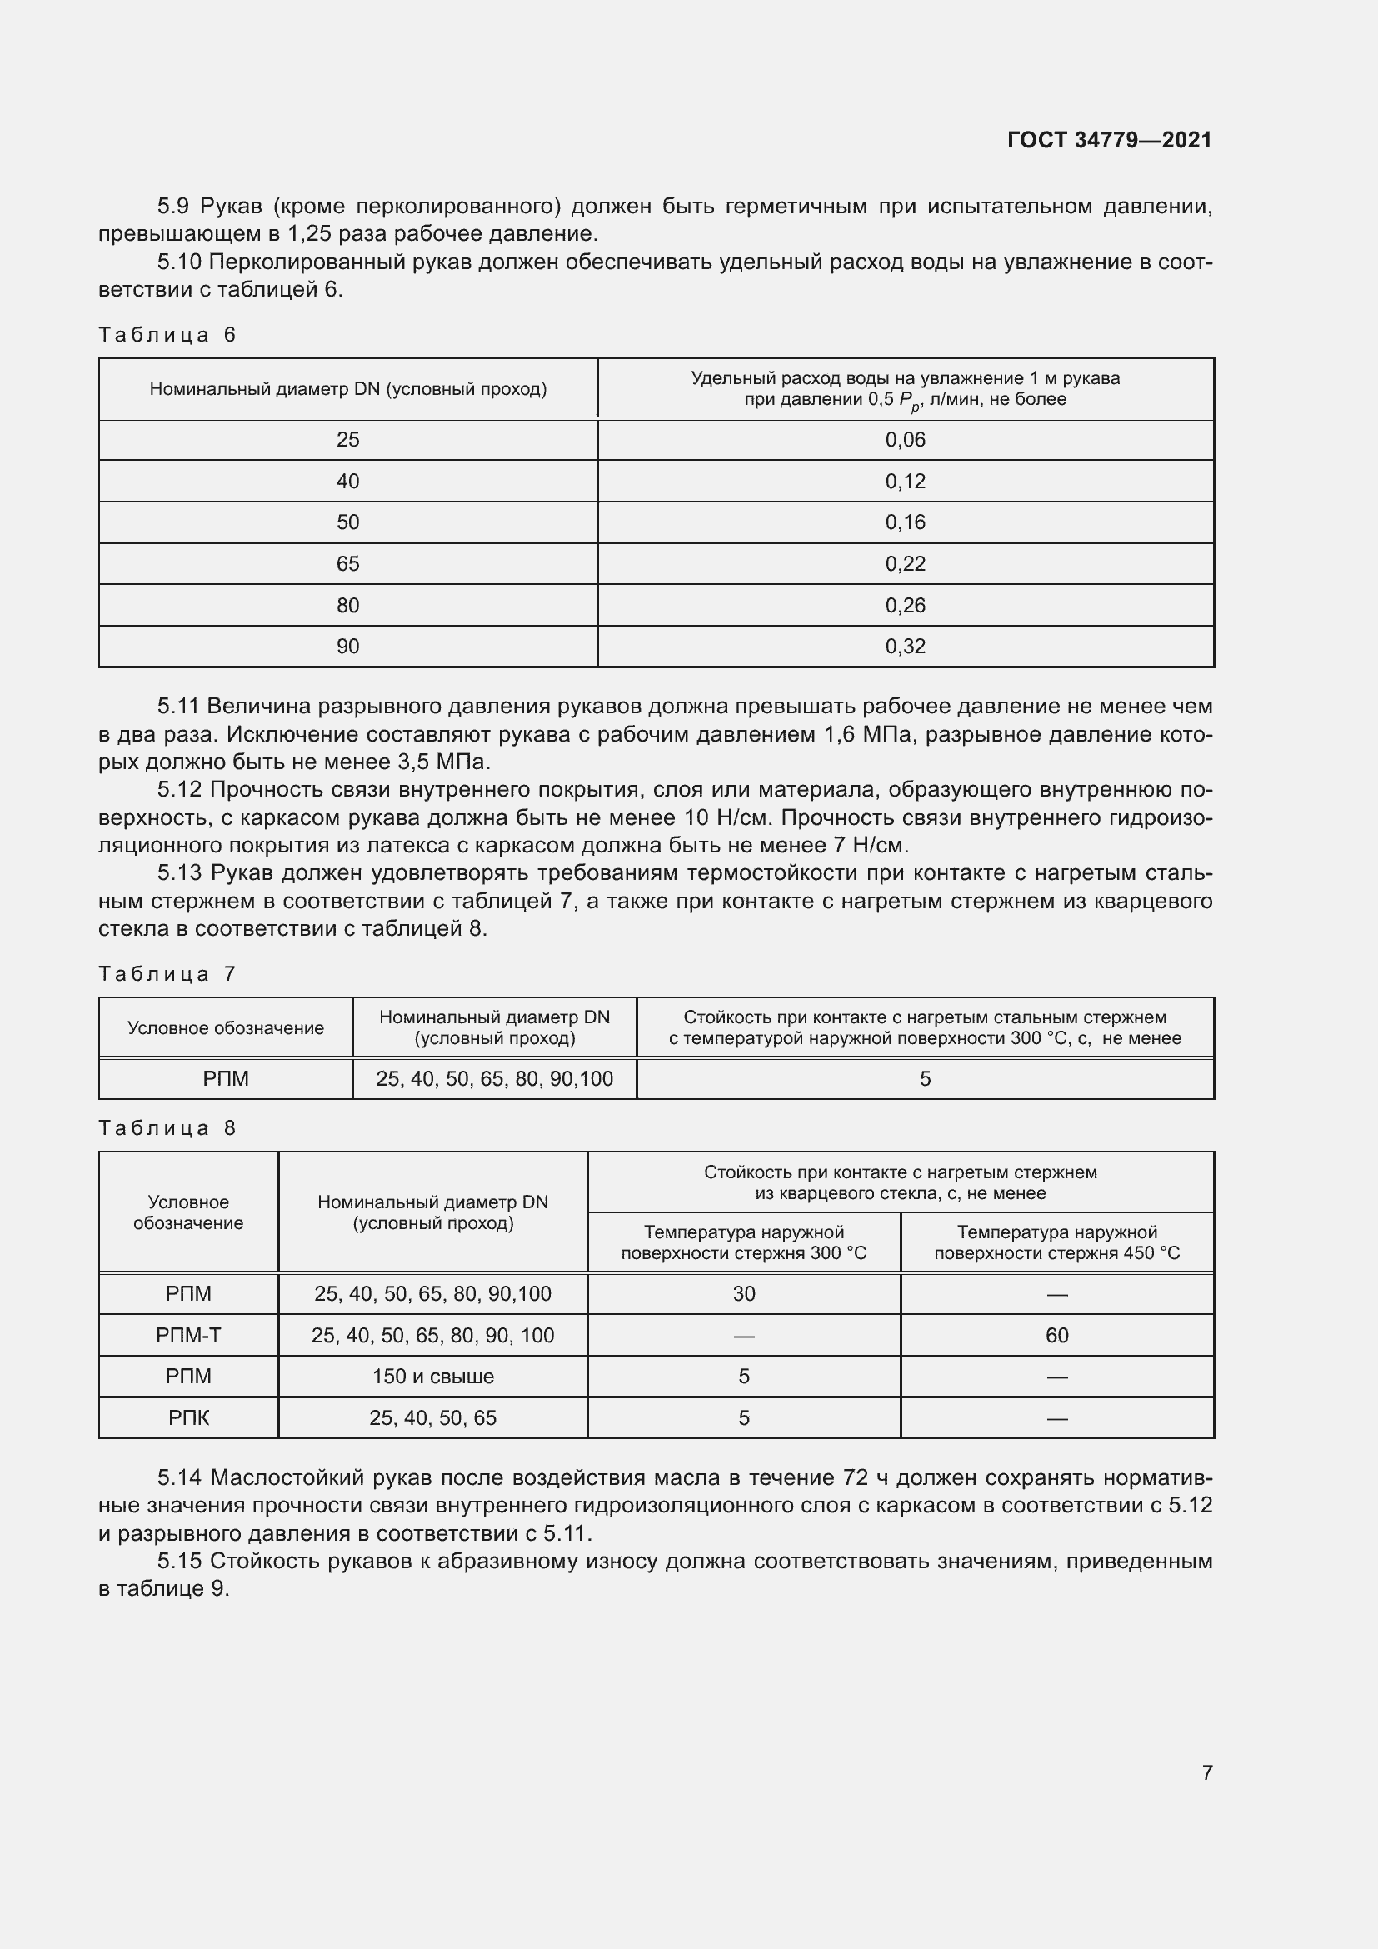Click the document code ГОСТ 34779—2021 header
click(1109, 140)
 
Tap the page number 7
click(1206, 1772)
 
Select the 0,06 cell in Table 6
click(905, 440)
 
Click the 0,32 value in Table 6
click(905, 646)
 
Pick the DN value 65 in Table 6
click(348, 563)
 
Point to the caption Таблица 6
click(167, 334)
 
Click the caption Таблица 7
click(167, 973)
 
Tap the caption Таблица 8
click(167, 1128)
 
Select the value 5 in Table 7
click(925, 1079)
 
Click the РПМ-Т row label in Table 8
click(188, 1335)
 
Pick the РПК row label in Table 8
click(188, 1417)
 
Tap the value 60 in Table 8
click(1056, 1335)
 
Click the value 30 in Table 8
click(743, 1294)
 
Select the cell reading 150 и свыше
click(432, 1376)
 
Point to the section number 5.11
click(178, 707)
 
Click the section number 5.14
click(179, 1478)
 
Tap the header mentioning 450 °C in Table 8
click(1056, 1242)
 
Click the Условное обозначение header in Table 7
click(226, 1028)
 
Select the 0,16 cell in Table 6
click(905, 522)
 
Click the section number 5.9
click(173, 207)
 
